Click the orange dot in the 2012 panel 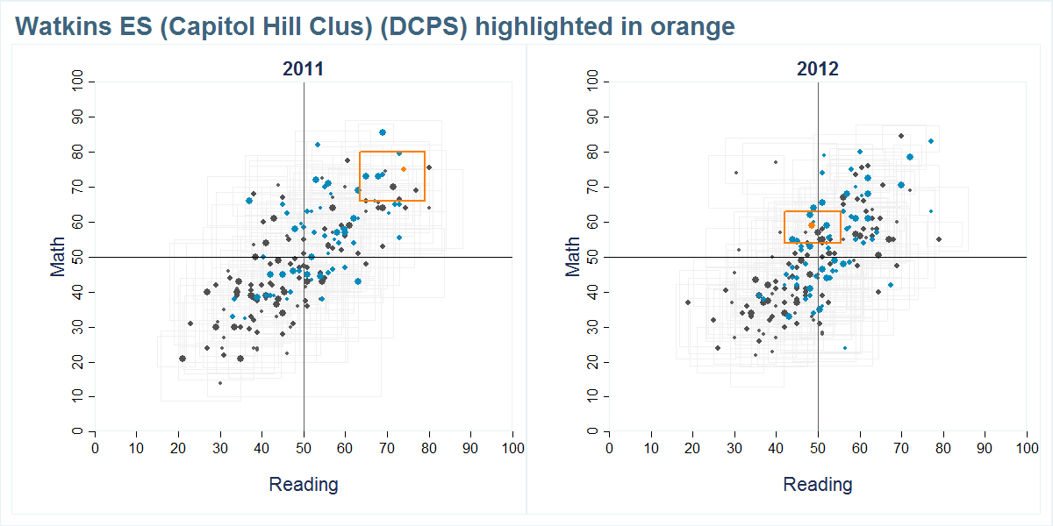[x=812, y=225]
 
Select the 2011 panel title [x=303, y=69]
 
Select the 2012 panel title [x=818, y=69]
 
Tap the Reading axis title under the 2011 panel [x=303, y=484]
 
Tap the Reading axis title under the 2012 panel [x=818, y=484]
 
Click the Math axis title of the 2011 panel [x=59, y=257]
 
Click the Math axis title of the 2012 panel [x=574, y=257]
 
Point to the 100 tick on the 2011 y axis [x=80, y=82]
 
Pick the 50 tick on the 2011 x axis [x=304, y=448]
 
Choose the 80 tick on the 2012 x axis [x=943, y=448]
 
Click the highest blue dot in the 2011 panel [x=383, y=132]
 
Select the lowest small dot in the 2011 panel [x=220, y=383]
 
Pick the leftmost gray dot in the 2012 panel [x=688, y=302]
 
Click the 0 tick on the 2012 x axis [x=609, y=448]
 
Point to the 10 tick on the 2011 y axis [x=80, y=397]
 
